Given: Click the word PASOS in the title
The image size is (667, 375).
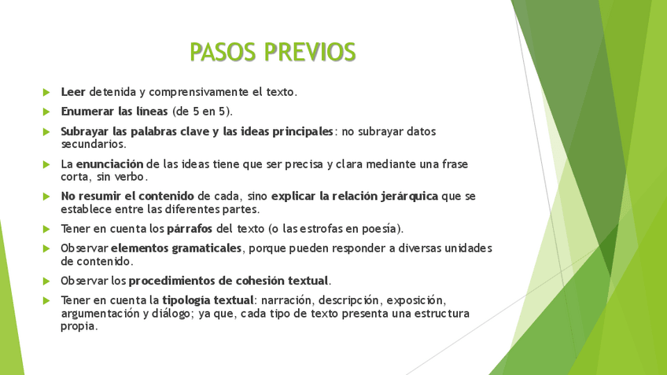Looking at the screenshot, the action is click(x=223, y=53).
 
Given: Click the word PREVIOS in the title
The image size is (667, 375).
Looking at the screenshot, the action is click(x=310, y=53).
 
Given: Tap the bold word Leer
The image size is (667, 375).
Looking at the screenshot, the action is click(x=73, y=92).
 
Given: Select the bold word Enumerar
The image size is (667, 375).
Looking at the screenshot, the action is click(x=87, y=112).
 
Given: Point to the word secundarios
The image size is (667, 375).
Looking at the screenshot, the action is click(x=94, y=145).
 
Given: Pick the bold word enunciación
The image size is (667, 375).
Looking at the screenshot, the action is click(x=110, y=164).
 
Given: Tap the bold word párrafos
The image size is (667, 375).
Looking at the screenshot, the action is click(x=190, y=230).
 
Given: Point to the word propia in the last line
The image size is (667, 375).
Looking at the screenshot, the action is click(x=79, y=327).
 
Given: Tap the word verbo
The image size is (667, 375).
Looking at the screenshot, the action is click(x=130, y=177).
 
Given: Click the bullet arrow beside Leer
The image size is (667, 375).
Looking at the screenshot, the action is click(x=46, y=92).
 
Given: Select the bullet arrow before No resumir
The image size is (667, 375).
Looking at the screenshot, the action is click(x=46, y=197).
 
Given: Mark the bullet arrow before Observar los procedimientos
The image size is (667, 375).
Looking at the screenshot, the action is click(x=46, y=281).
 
